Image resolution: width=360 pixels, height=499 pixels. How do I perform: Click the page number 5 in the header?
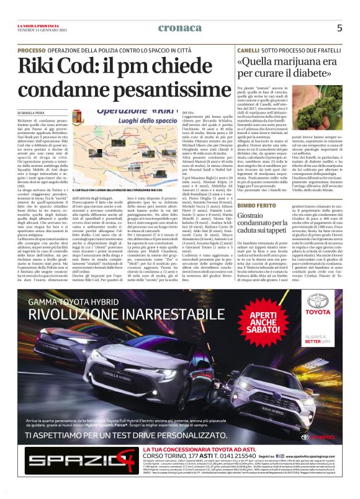[339, 27]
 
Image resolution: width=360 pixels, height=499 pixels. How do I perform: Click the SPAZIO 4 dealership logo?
[55, 471]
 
